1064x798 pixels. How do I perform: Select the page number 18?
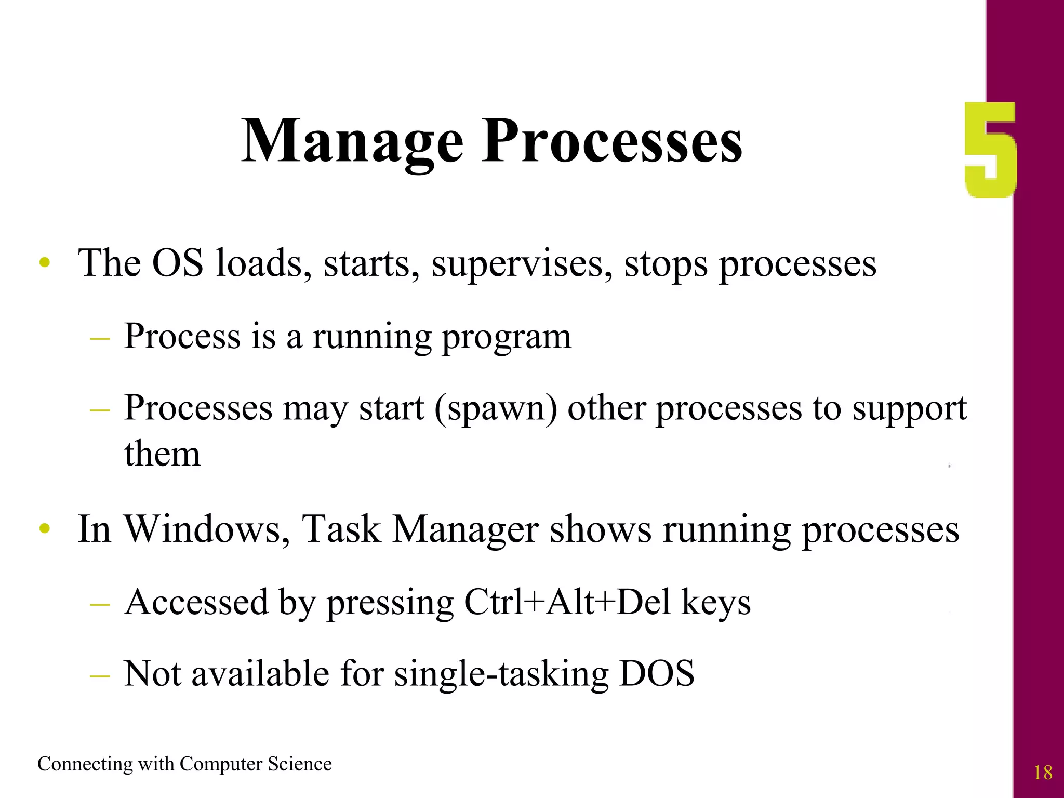coord(1043,773)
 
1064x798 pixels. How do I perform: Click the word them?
coord(162,454)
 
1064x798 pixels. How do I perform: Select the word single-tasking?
coord(501,674)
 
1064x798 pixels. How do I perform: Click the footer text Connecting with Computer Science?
coord(184,764)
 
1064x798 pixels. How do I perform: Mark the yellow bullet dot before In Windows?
coord(45,529)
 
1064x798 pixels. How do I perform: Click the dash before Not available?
coord(100,675)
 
